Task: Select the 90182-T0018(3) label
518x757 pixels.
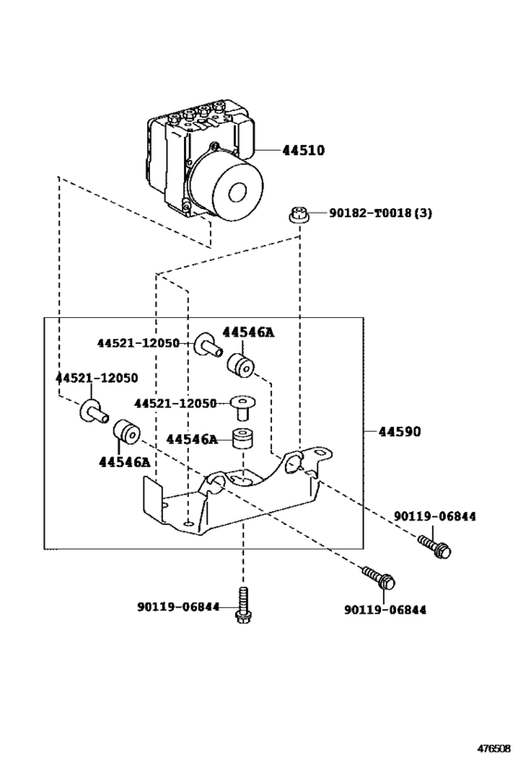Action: [x=380, y=213]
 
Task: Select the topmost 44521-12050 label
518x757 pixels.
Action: [x=138, y=343]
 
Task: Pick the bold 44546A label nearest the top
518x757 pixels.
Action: [x=248, y=332]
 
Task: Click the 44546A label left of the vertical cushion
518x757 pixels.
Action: [x=192, y=439]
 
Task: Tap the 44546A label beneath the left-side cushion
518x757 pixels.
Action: [x=125, y=460]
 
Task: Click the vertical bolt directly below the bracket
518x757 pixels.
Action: [x=243, y=604]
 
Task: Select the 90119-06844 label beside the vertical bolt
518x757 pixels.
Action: [x=179, y=606]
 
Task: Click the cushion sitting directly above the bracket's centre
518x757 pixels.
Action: [x=243, y=440]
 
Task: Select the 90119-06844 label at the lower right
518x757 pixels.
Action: [x=385, y=610]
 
